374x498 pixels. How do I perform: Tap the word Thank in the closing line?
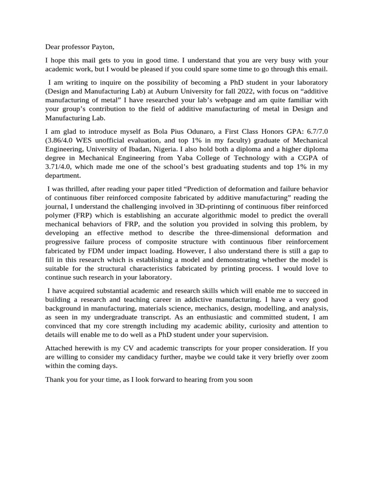(x=56, y=379)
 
